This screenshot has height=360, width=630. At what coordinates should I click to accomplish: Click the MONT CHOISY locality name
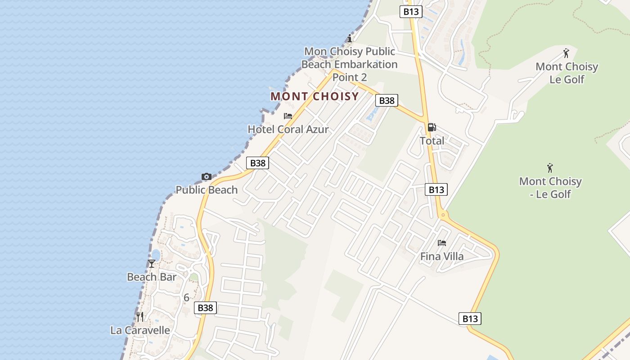[x=315, y=96]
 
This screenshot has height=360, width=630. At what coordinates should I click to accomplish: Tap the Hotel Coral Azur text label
[x=288, y=130]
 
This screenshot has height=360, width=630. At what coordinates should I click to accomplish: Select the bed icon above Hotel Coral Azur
[x=288, y=116]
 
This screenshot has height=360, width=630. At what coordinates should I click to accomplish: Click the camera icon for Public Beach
[x=207, y=176]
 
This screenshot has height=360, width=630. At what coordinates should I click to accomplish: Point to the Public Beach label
[x=207, y=190]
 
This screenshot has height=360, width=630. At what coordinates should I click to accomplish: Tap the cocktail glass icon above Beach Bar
[x=152, y=264]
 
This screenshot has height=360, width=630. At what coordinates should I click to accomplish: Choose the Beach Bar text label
[x=152, y=277]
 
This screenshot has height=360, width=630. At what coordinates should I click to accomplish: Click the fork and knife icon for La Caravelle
[x=140, y=317]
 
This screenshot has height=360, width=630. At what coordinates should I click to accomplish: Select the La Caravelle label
[x=140, y=330]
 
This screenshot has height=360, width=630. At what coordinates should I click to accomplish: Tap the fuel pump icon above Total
[x=432, y=127]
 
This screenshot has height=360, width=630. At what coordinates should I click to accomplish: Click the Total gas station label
[x=432, y=141]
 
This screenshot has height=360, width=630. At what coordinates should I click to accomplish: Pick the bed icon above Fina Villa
[x=442, y=243]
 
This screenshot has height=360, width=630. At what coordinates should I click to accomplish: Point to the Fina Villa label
[x=442, y=256]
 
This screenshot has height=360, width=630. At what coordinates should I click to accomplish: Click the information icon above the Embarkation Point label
[x=350, y=38]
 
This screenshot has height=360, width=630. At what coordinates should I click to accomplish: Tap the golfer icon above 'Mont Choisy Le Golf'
[x=567, y=53]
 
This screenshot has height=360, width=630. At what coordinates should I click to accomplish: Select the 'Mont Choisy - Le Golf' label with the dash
[x=550, y=188]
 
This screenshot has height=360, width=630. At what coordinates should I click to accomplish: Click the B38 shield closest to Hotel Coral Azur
[x=258, y=163]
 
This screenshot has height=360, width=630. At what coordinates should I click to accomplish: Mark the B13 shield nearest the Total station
[x=436, y=189]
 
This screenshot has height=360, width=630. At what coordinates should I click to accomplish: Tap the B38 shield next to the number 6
[x=206, y=308]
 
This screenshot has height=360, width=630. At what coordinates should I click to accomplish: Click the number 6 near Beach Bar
[x=186, y=297]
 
